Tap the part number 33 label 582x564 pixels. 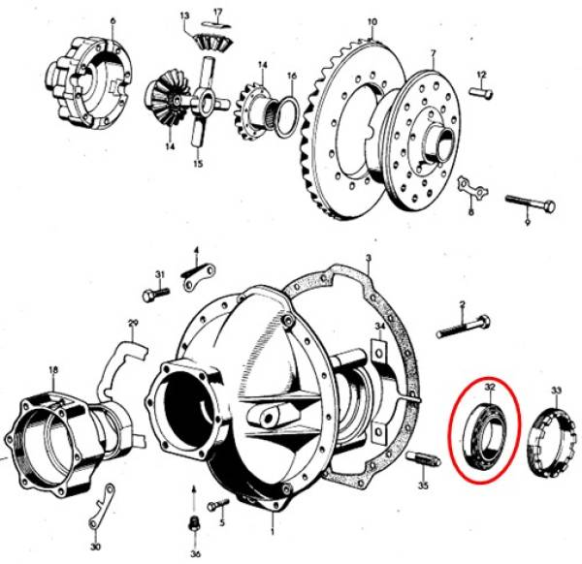click(x=556, y=391)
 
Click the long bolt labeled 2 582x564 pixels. click(x=464, y=327)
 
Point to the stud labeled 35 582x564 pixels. click(x=423, y=458)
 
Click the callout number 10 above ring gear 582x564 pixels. click(x=372, y=22)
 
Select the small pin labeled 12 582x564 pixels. click(x=481, y=92)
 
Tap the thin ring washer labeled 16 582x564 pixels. click(x=288, y=115)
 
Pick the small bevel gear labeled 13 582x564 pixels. click(x=211, y=42)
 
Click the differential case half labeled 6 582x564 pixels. click(x=88, y=82)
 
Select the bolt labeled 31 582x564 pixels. click(x=156, y=295)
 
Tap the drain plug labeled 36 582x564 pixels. click(x=193, y=523)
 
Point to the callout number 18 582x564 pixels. click(x=53, y=369)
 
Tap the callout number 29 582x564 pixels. click(x=133, y=323)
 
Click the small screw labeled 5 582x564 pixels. click(x=218, y=505)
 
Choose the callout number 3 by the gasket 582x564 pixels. click(x=369, y=258)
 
